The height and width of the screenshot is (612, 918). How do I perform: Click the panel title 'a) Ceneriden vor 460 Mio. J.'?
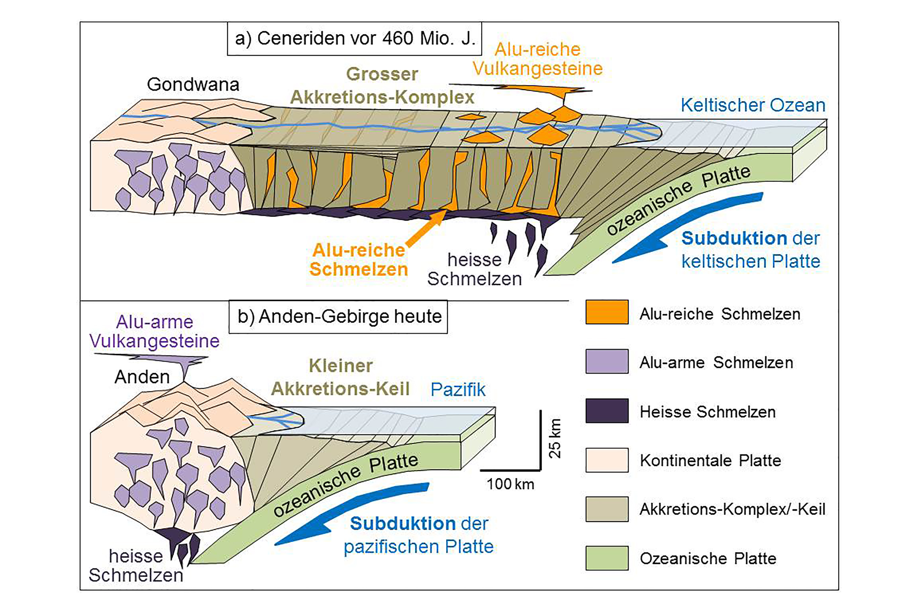coord(354,39)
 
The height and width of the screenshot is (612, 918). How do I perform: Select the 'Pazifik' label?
coord(458,390)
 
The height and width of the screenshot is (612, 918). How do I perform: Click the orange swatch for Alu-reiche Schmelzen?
coord(607,312)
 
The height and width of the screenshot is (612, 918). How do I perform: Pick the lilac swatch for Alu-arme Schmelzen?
coord(607,361)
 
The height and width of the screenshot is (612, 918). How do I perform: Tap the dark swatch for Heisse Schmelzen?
coord(607,411)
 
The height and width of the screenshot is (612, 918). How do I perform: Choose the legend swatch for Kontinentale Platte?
coord(607,460)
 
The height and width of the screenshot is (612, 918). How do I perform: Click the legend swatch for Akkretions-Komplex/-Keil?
coord(607,509)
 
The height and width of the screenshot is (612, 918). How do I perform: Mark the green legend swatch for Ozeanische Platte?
coord(607,558)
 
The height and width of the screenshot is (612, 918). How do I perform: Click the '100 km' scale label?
coord(510,484)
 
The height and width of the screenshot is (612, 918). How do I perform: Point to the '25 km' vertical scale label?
coord(555,438)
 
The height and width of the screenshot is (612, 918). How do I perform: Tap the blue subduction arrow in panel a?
coord(687,228)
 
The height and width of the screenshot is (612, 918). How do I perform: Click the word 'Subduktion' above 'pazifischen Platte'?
coord(402,524)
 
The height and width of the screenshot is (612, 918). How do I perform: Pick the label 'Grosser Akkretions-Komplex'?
coord(382,85)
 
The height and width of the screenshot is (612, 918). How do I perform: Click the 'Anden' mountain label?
coord(142,377)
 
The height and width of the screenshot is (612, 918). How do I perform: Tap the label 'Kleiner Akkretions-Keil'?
coord(340,377)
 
